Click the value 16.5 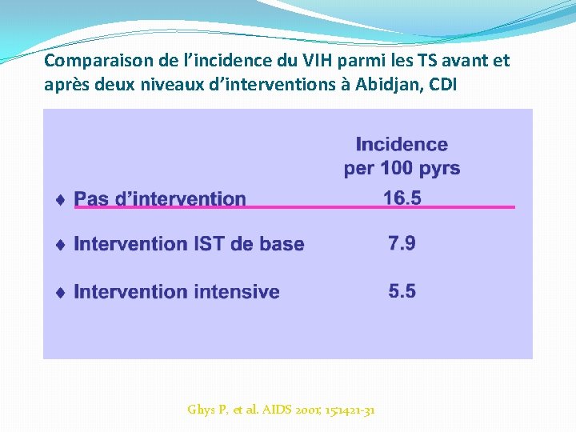coord(402,198)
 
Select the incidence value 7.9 coord(402,243)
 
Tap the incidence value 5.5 coord(402,291)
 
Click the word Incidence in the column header coord(402,145)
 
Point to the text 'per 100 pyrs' coord(402,168)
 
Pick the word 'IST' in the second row coord(212,244)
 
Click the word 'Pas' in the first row coord(92,199)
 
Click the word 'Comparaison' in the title coord(88,61)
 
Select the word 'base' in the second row coord(281,244)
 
